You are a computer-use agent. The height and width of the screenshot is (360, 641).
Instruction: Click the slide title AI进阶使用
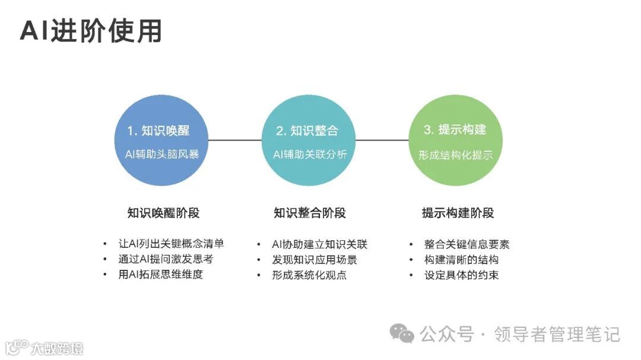pyautogui.click(x=91, y=31)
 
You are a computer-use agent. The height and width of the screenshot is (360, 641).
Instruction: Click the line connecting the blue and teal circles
pyautogui.click(x=235, y=141)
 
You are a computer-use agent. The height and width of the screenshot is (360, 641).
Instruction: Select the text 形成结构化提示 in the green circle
pyautogui.click(x=455, y=155)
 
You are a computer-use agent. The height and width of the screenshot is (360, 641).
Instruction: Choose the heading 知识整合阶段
pyautogui.click(x=309, y=213)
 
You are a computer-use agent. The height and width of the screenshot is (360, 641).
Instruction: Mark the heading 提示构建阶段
pyautogui.click(x=458, y=213)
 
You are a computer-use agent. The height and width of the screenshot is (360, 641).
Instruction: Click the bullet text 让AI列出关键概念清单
pyautogui.click(x=171, y=244)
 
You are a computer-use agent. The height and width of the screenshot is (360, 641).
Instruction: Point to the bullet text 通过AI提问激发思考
pyautogui.click(x=166, y=259)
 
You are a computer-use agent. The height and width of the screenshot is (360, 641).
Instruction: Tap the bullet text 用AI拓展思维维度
pyautogui.click(x=160, y=275)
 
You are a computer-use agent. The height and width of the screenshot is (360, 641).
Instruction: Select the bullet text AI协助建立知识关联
pyautogui.click(x=319, y=244)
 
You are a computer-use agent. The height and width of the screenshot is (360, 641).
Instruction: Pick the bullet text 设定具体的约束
pyautogui.click(x=461, y=275)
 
